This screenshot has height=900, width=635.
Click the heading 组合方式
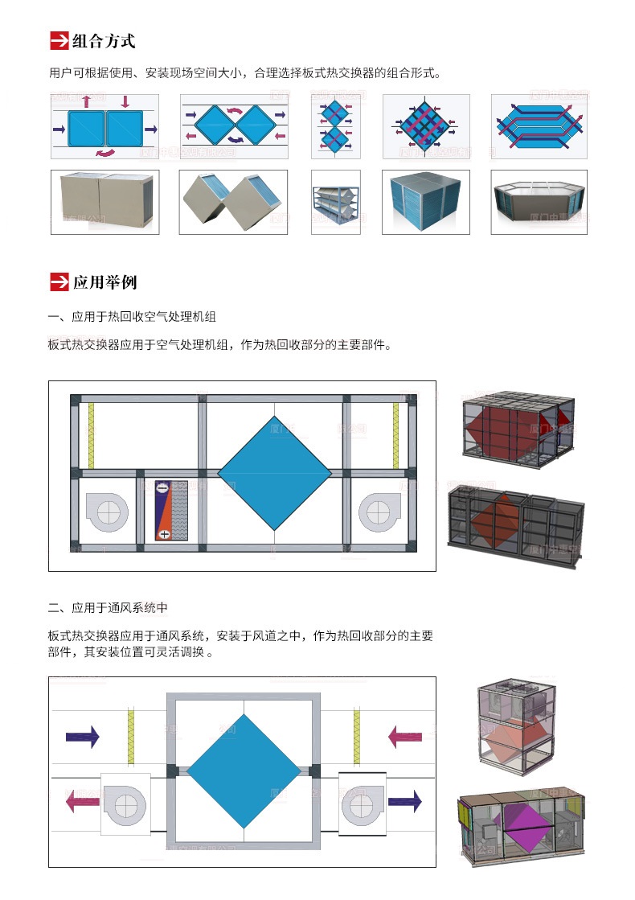(x=104, y=40)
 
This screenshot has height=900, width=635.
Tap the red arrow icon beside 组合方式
(x=59, y=40)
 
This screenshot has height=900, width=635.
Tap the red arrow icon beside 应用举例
(x=59, y=282)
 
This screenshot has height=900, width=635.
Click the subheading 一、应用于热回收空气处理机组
(x=133, y=316)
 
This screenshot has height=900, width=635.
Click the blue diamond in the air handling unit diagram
(x=275, y=473)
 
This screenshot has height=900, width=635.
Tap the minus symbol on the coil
(x=162, y=487)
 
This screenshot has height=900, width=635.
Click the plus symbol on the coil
(x=163, y=534)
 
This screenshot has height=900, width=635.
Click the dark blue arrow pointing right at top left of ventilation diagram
(x=82, y=736)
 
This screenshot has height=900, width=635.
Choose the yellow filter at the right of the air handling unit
(x=395, y=435)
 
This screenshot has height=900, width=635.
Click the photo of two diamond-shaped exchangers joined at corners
(x=232, y=202)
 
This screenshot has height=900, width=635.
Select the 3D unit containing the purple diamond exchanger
(x=521, y=828)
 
